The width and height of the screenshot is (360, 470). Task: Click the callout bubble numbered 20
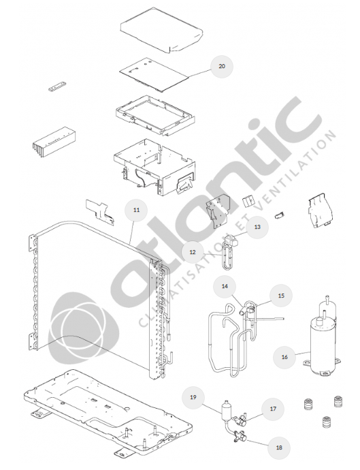222,66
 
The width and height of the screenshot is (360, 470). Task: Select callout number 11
136,210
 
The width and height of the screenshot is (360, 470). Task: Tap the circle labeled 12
193,252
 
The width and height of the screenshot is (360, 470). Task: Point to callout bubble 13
257,227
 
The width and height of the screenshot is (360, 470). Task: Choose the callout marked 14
225,286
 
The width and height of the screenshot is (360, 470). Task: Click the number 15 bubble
281,296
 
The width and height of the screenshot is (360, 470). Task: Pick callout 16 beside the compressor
284,357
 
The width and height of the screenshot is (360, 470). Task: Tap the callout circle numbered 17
273,409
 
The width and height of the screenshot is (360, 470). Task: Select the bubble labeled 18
279,448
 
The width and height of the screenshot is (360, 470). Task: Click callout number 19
193,397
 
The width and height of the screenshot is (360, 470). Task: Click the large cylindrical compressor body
322,345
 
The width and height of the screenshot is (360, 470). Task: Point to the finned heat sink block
54,142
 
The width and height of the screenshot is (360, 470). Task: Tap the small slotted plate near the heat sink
57,87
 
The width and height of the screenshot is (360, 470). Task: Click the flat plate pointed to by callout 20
154,75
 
